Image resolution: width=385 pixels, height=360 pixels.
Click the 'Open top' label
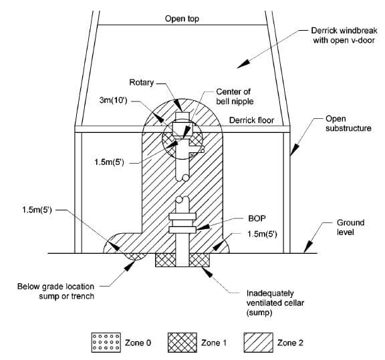(182, 19)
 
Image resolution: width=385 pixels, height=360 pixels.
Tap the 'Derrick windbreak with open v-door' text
(344, 35)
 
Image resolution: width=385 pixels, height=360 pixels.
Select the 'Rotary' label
(142, 82)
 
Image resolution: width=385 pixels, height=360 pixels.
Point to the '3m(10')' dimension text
(113, 100)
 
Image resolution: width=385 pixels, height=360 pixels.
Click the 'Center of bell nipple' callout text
(235, 96)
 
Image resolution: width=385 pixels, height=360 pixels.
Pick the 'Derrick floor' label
(251, 120)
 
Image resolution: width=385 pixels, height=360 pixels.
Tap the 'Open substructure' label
(348, 124)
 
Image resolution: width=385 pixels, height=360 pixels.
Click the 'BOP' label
(257, 218)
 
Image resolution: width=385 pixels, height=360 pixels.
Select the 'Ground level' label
(350, 228)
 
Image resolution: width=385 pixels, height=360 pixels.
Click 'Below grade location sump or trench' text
(55, 291)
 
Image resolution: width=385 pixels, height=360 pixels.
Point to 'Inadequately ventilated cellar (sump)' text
(275, 303)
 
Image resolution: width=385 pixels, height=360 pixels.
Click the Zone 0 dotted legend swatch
(106, 343)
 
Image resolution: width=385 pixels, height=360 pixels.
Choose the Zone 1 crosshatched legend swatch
(182, 343)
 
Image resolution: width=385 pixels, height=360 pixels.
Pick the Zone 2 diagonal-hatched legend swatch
(258, 343)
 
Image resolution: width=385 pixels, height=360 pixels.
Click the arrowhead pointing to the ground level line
(308, 246)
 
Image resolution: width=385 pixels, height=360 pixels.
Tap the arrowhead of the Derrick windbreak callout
(243, 64)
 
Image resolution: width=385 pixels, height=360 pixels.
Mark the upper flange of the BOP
(182, 216)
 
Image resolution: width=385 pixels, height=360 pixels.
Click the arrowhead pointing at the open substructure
(294, 150)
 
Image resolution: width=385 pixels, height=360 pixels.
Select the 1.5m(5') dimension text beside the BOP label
(262, 234)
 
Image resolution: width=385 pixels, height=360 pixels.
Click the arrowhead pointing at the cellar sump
(207, 272)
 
